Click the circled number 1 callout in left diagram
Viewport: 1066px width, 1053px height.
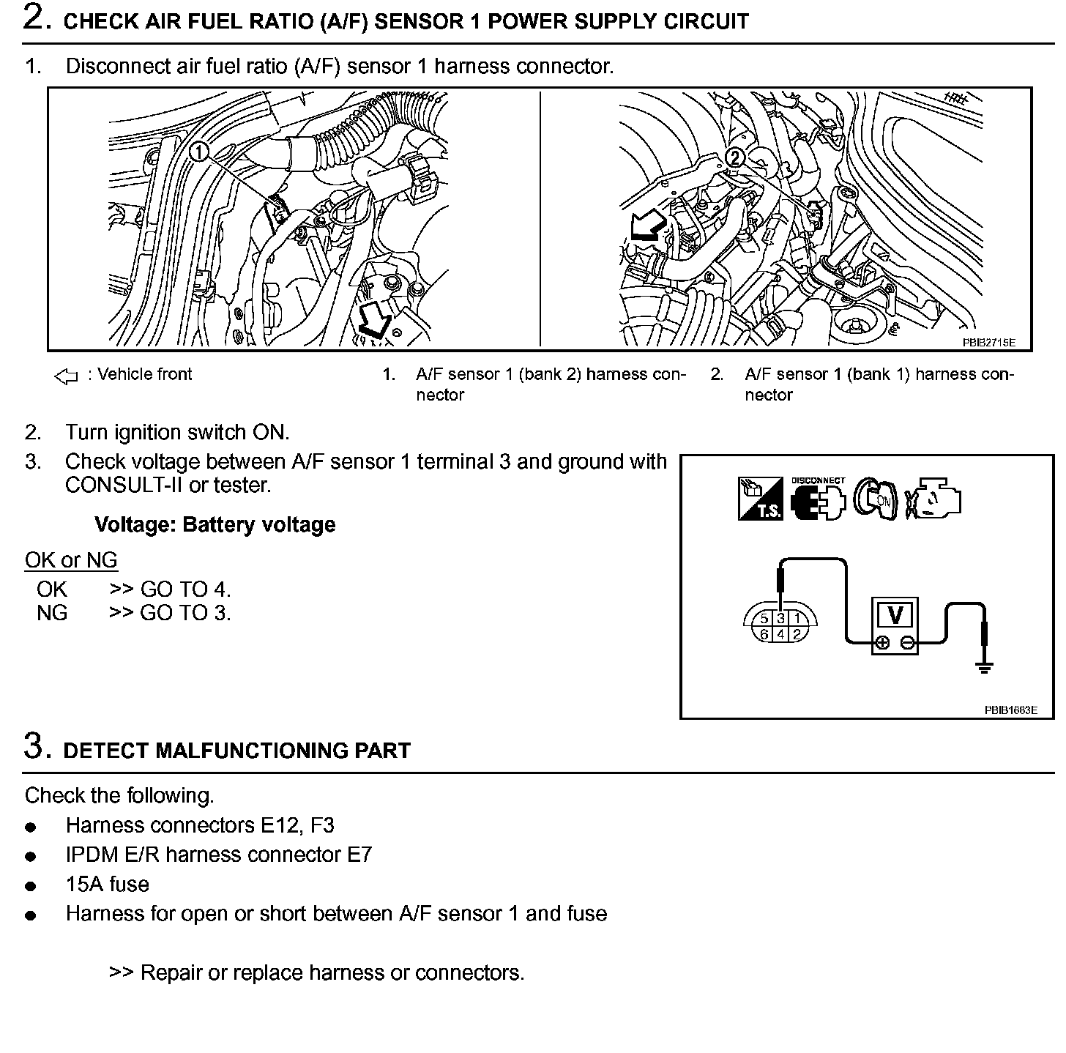point(198,152)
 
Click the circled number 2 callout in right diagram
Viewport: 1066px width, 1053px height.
point(734,158)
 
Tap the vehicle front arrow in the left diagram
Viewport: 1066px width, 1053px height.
point(373,321)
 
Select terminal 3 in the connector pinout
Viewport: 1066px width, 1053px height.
point(780,619)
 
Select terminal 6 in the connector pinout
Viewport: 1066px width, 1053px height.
point(764,635)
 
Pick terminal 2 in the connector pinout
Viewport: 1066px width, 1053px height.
point(797,635)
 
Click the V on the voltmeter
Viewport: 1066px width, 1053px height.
point(895,614)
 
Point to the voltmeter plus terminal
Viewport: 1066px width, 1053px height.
point(882,643)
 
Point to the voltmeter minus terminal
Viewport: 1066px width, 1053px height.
point(907,643)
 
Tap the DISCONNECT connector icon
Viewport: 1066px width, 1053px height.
point(818,499)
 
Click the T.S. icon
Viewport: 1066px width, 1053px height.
point(760,499)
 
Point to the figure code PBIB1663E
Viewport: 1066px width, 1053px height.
point(1010,710)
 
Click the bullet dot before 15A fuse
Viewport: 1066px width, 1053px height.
point(30,886)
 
